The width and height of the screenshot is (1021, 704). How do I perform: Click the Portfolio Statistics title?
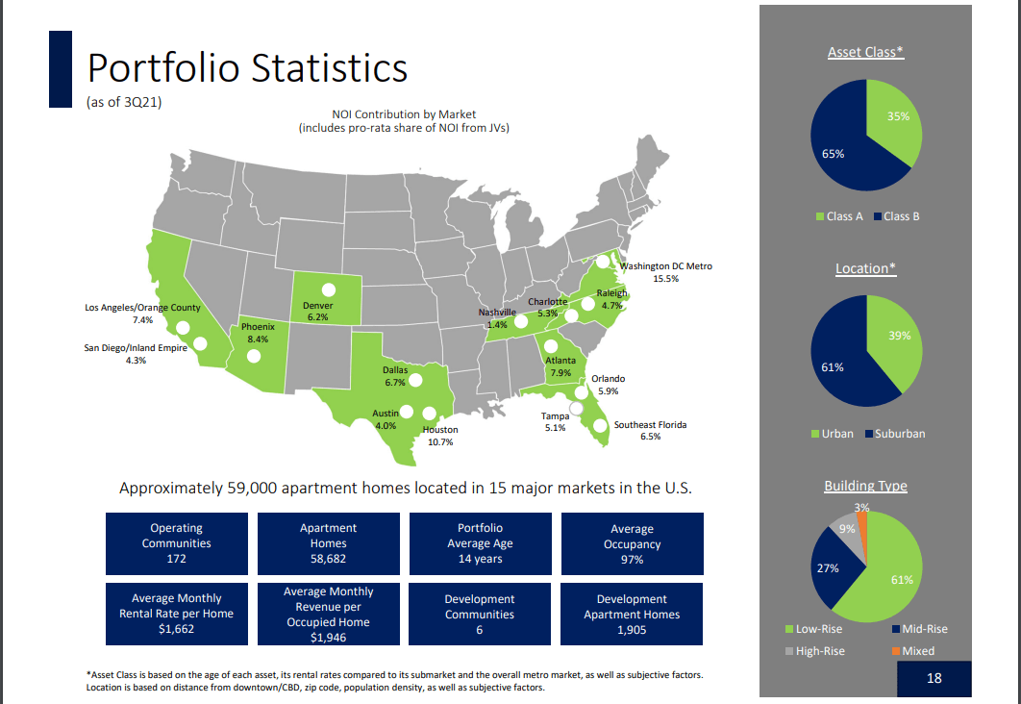[x=247, y=69]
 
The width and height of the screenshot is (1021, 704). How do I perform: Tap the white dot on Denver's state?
[x=329, y=289]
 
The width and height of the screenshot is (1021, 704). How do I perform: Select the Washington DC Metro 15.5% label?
[x=665, y=272]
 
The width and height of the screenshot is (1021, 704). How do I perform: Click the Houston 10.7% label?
[x=439, y=436]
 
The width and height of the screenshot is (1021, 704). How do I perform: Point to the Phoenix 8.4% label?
[x=258, y=333]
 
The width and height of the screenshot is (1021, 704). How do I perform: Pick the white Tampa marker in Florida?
[x=576, y=409]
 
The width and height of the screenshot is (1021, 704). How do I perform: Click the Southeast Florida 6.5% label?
[x=650, y=430]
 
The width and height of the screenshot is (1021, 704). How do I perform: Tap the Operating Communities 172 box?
[x=176, y=543]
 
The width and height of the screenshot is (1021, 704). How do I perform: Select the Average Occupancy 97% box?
[x=632, y=543]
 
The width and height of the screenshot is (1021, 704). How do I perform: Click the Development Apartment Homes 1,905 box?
[x=632, y=614]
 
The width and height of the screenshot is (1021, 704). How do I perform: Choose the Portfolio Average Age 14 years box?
[x=480, y=543]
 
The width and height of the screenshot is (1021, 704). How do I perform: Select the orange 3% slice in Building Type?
[x=862, y=525]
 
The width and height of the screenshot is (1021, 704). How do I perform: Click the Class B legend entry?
[x=896, y=216]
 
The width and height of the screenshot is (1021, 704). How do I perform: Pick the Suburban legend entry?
[x=894, y=434]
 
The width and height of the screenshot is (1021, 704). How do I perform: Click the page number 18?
[x=934, y=679]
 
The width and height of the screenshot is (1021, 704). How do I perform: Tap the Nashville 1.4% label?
[x=497, y=318]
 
